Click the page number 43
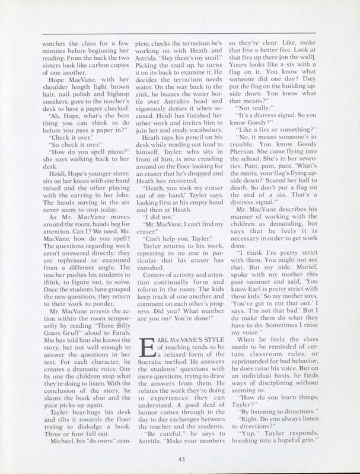pyautogui.click(x=180, y=456)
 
